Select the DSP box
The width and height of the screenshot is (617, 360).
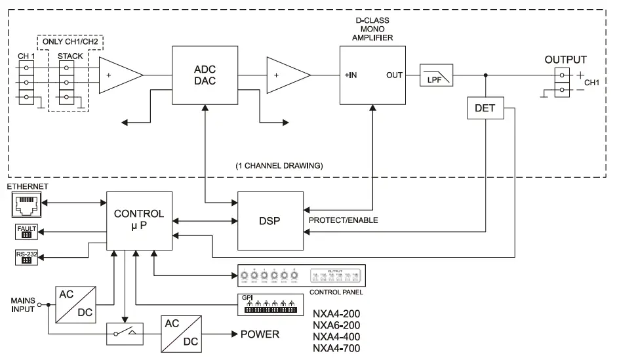point(270,220)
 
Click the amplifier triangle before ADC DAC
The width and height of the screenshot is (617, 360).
point(120,75)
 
